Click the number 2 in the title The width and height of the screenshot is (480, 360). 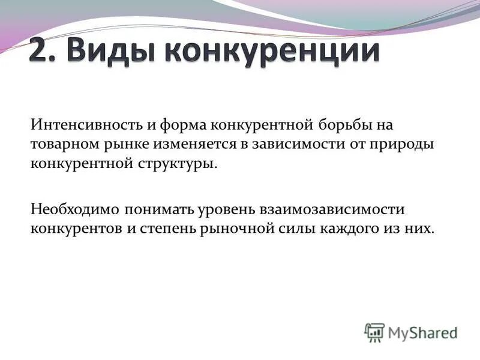coord(38,52)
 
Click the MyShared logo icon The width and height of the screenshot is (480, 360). coord(374,332)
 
